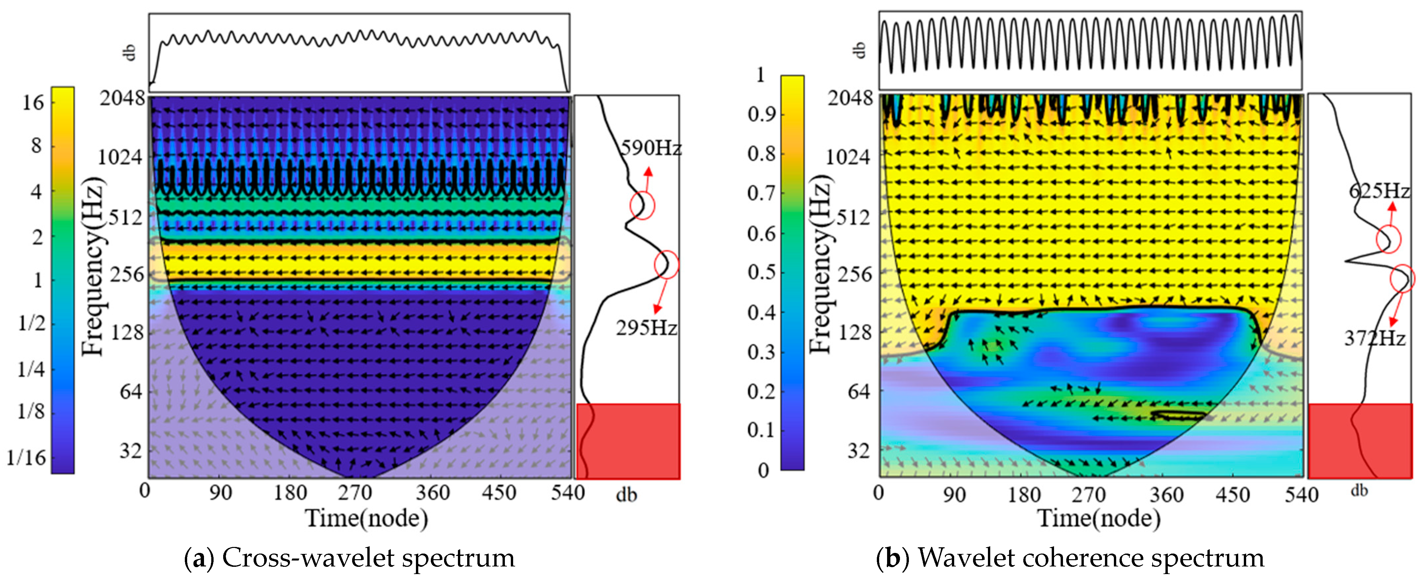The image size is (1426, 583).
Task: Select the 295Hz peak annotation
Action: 646,328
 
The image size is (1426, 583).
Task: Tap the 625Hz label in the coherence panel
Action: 1378,191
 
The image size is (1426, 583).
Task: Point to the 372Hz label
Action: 1374,338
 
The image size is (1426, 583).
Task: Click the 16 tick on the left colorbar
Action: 33,103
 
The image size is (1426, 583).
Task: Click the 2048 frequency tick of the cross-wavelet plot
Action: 122,99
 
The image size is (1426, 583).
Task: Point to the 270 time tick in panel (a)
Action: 355,492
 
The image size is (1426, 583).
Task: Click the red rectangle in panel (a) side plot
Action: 628,441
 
